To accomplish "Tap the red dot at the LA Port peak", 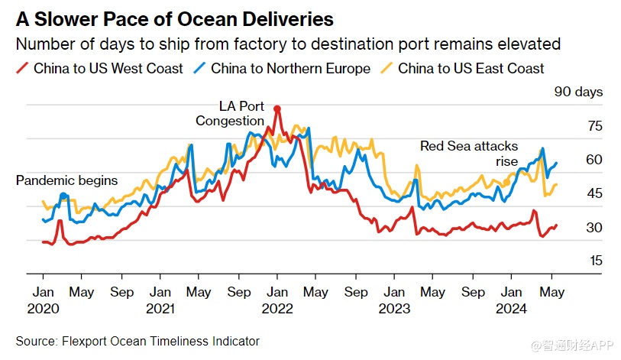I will coord(277,109).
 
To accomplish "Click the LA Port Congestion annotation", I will coord(230,113).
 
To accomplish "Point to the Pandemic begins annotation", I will coord(67,180).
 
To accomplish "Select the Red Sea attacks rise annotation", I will coord(469,153).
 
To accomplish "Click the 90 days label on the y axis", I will coord(578,92).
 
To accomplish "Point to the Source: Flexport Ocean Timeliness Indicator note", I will coord(137,341).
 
